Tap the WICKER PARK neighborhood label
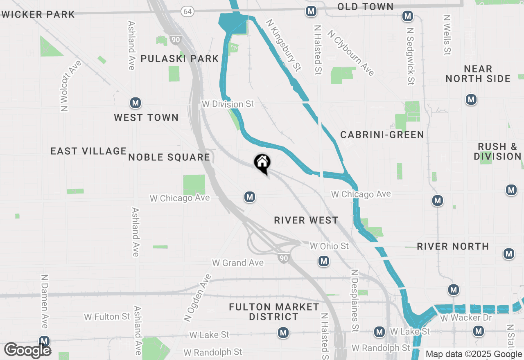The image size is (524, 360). [38, 15]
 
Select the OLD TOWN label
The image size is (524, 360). [365, 7]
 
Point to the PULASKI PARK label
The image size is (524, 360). [180, 59]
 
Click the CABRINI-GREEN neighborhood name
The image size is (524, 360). [382, 135]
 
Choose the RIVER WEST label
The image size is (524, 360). [306, 220]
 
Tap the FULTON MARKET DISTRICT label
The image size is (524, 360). [274, 312]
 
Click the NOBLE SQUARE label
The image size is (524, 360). [169, 157]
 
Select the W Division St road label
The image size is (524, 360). [228, 104]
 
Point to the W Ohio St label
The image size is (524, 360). [329, 246]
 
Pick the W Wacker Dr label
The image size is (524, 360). [460, 317]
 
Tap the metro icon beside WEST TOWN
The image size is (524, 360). [136, 103]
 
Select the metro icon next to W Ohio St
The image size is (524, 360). [324, 261]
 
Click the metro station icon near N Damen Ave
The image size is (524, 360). [44, 341]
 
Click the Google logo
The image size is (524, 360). [28, 350]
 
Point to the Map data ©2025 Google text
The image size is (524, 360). [474, 354]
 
